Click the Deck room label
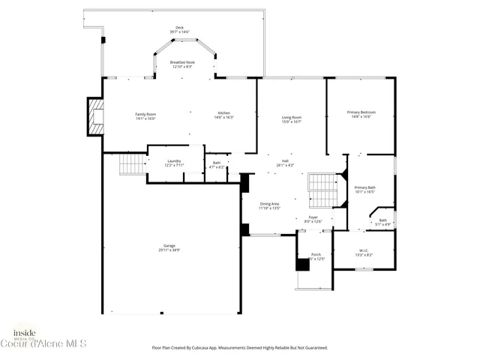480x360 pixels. pos(180,30)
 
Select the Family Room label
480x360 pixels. pos(145,115)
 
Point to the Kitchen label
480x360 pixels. pos(224,115)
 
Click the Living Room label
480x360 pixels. pos(292,119)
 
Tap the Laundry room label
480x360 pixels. pos(174,162)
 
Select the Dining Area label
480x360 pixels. pos(270,205)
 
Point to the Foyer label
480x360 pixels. pos(313,219)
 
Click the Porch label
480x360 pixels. pos(316,256)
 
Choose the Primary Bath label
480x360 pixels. pos(365,189)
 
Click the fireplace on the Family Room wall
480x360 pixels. pos(94,117)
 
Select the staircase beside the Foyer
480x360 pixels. pos(324,190)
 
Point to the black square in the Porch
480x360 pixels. pos(302,264)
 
